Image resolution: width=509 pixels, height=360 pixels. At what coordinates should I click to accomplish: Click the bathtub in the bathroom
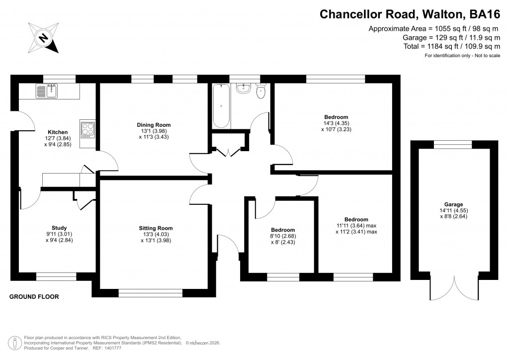pos(221,106)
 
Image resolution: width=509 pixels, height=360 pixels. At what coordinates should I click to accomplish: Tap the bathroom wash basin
pos(244,89)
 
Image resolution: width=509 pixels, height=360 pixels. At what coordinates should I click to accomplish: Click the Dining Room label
pos(154,125)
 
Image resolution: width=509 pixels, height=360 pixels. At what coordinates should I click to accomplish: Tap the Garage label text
pos(453,204)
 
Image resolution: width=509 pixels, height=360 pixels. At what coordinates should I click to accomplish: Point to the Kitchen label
pos(57,132)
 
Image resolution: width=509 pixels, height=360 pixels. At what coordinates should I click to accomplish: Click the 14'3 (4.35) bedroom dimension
pos(337,123)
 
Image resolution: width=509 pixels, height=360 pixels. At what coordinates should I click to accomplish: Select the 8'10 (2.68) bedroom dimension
pos(280,236)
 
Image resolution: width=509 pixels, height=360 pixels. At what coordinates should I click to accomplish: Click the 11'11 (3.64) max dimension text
pos(356,225)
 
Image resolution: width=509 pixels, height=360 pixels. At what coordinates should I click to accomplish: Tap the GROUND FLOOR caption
pos(34,297)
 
